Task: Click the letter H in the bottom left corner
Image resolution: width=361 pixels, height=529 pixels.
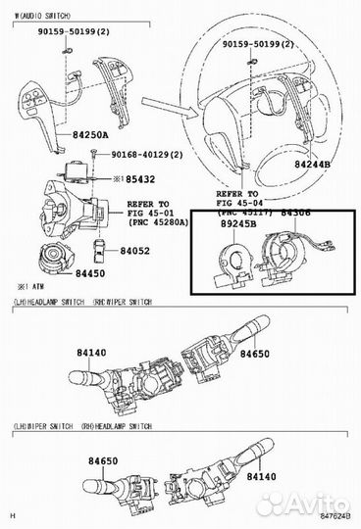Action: coord(14,516)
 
